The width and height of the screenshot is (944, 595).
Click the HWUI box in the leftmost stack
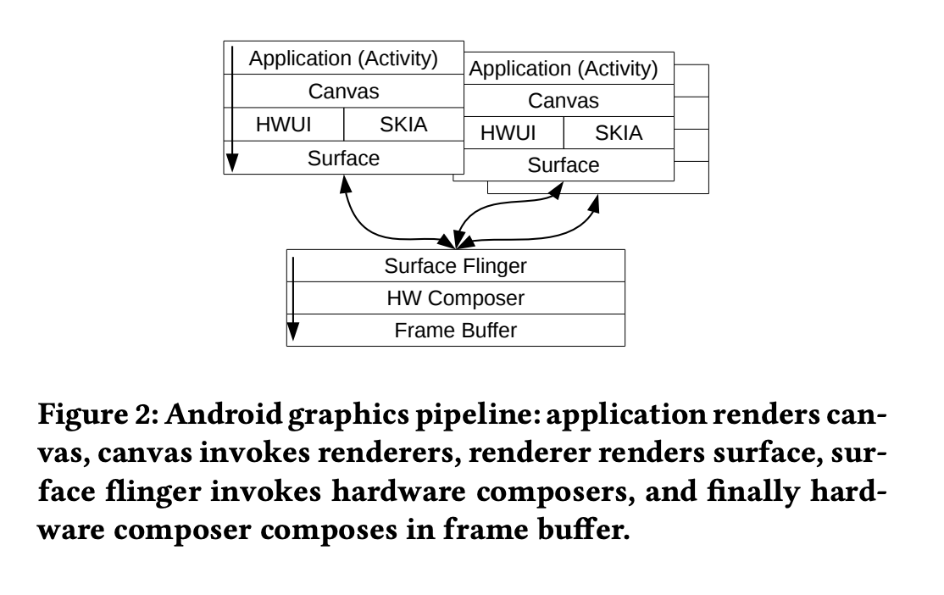[285, 125]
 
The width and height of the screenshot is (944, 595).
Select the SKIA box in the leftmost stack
[404, 125]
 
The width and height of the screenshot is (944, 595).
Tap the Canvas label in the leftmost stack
[343, 91]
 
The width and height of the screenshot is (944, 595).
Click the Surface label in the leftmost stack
[343, 158]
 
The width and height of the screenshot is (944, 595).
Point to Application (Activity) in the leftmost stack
[343, 59]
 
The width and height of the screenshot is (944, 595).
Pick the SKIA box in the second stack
[619, 133]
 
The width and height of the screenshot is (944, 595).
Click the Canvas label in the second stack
[564, 102]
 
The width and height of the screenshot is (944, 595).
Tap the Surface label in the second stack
[564, 165]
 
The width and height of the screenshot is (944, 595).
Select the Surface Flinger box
[456, 266]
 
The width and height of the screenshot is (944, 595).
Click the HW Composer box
[456, 298]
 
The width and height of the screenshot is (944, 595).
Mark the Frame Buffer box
[456, 331]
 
